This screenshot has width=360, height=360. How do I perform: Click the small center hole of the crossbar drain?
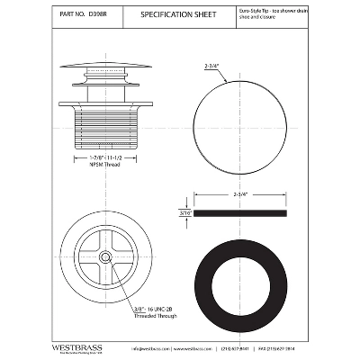click(x=104, y=256)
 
